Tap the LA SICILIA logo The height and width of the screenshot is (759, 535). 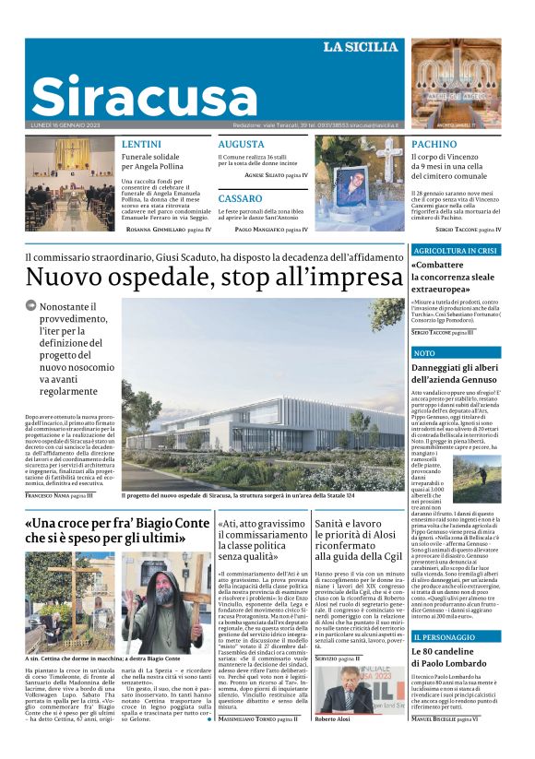(361, 47)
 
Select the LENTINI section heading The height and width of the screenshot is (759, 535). (141, 144)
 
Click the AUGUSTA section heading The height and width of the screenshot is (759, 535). (241, 144)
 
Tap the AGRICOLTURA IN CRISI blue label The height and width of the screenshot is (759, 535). (456, 250)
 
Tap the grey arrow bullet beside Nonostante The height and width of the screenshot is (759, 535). (31, 305)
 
